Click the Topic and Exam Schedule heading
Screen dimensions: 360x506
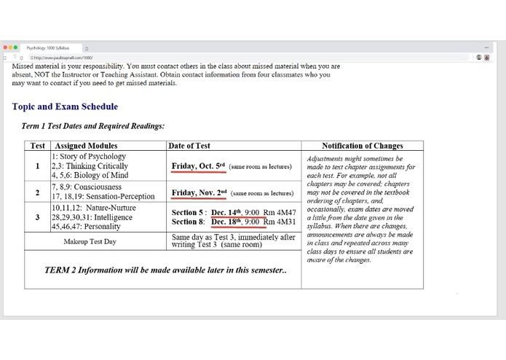point(65,107)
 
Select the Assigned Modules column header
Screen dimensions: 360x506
point(86,146)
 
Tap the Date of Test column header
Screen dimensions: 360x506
point(189,146)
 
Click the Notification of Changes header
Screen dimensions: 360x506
point(362,146)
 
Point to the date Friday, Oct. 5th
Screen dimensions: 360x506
point(199,166)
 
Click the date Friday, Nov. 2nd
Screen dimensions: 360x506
point(199,193)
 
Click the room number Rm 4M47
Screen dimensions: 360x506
point(280,213)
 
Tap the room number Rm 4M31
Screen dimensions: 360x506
point(280,222)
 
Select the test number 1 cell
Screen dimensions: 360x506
point(37,166)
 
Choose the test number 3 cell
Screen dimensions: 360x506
point(37,217)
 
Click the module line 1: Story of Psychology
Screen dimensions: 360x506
point(89,157)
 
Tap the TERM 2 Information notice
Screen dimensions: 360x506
point(165,270)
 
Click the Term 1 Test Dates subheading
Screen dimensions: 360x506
point(93,126)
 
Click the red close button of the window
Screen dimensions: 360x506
point(6,47)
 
